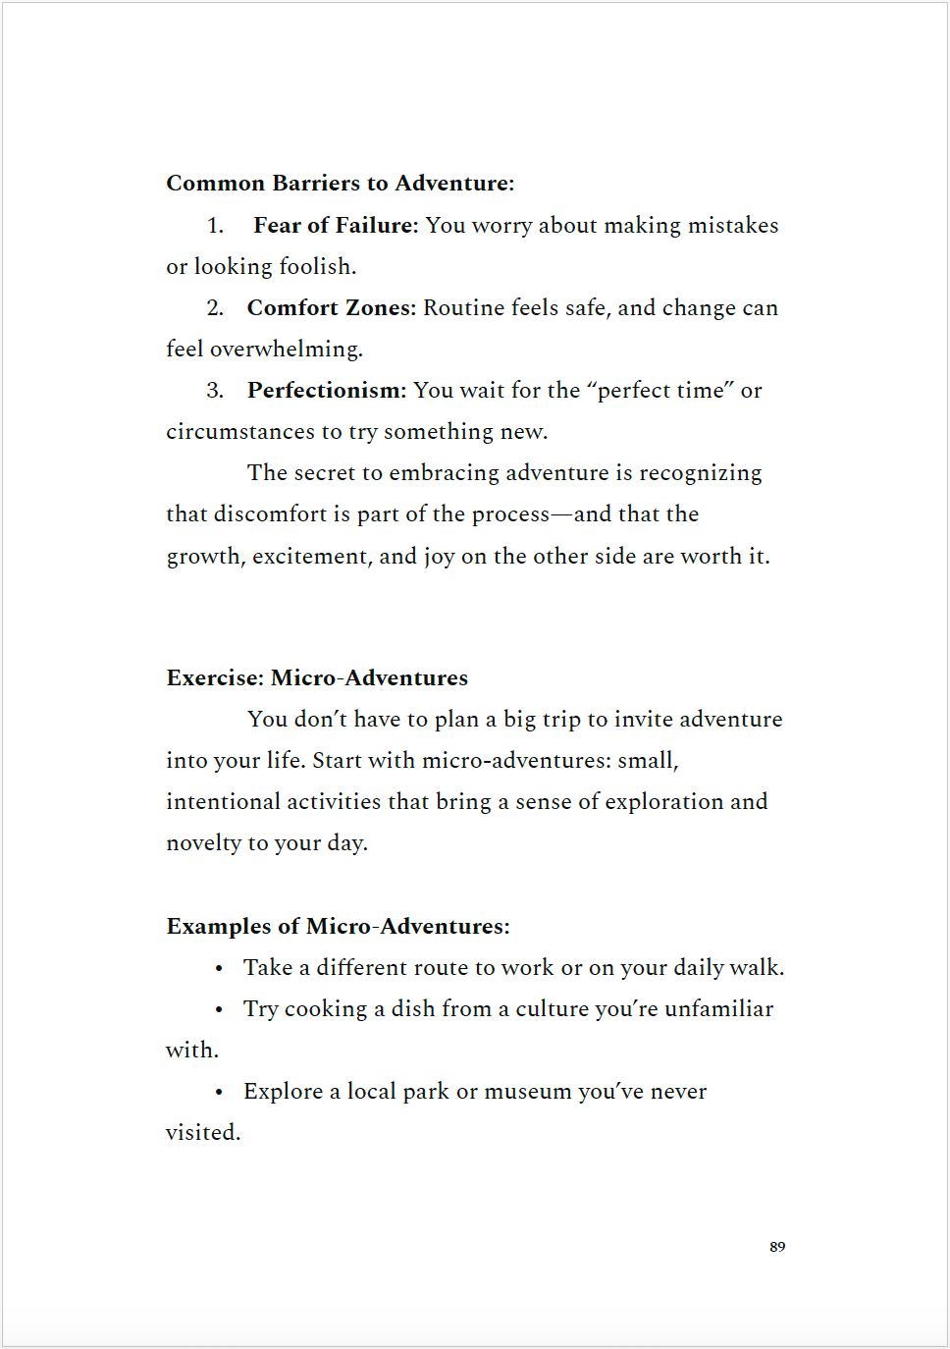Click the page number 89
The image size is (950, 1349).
coord(777,1247)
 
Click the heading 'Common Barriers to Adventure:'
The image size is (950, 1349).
coord(340,184)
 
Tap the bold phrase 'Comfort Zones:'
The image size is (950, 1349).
coord(331,308)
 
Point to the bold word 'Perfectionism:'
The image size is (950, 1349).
coord(326,391)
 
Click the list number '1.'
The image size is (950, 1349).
coord(215,226)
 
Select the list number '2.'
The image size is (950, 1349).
coord(215,308)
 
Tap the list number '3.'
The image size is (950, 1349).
coord(215,391)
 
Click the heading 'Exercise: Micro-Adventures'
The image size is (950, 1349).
coord(317,678)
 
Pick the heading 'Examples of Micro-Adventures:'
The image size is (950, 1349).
coord(338,927)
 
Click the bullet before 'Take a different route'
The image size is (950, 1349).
coord(219,969)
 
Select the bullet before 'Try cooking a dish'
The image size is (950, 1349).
coord(219,1010)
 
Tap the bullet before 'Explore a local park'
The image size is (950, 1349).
coord(219,1093)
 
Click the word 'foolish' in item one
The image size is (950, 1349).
coord(315,267)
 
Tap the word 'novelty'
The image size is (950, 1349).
coord(203,843)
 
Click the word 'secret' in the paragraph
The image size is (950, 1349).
coord(325,473)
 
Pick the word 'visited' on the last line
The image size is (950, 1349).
coord(201,1133)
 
